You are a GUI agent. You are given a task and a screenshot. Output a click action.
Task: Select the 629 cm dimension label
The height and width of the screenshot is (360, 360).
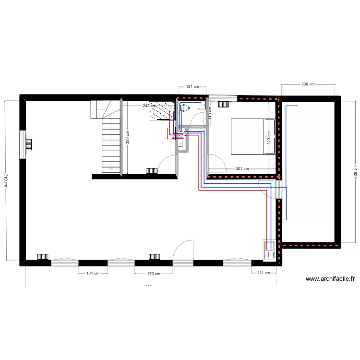coord(355,172)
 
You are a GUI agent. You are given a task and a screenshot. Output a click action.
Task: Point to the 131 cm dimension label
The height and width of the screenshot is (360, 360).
coord(93,274)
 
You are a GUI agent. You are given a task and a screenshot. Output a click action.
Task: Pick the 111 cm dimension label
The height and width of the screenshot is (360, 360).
coord(264,273)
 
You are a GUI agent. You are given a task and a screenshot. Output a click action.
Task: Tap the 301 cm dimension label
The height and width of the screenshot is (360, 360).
coord(242,168)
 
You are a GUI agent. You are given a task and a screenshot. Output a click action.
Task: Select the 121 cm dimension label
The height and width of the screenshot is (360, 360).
coord(192,87)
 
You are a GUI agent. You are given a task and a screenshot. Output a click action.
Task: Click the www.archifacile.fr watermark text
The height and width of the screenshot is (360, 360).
coord(330,278)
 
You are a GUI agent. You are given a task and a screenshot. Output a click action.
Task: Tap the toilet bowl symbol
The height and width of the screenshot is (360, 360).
coord(185,108)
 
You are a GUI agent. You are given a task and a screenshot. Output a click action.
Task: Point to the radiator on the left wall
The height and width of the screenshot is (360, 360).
coord(28,144)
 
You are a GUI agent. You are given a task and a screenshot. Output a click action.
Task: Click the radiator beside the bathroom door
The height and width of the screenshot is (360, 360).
coord(152,170)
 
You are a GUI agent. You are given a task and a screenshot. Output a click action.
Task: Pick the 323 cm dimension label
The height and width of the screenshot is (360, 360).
coord(269,138)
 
